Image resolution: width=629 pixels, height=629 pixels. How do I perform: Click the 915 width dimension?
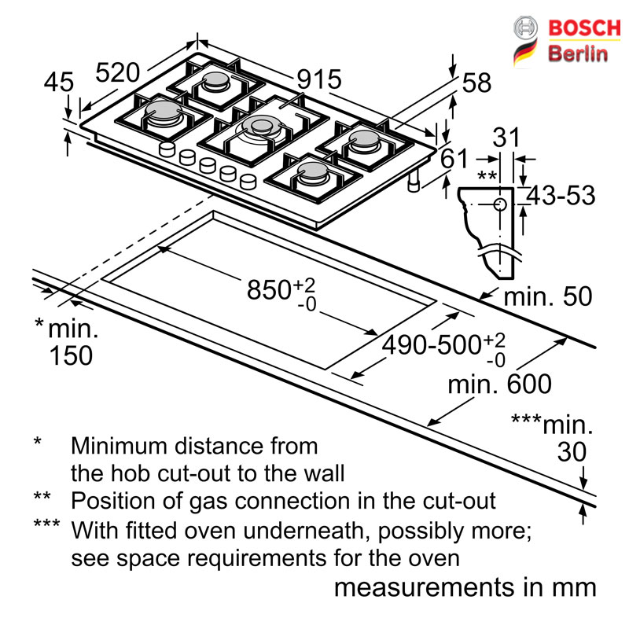(x=319, y=79)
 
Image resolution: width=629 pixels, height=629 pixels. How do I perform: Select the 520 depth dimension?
(x=117, y=72)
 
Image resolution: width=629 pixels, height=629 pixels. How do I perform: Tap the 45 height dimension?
(x=58, y=83)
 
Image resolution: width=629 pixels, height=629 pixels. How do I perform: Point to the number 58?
(x=476, y=83)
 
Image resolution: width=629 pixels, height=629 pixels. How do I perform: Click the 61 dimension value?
(x=454, y=159)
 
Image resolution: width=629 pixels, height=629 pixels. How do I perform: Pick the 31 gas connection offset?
(x=506, y=137)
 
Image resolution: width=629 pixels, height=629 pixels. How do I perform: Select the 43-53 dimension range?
(x=561, y=196)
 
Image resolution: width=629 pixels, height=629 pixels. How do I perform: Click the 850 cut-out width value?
(x=269, y=289)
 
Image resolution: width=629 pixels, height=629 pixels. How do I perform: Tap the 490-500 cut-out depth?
(x=431, y=344)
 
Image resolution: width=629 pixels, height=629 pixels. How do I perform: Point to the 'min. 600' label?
(x=500, y=384)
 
